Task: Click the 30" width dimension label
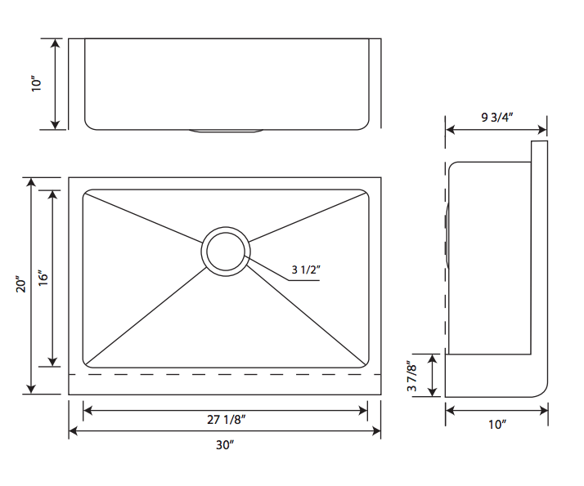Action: pos(226,445)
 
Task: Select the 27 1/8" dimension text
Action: pos(226,420)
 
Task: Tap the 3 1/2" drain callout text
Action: pos(304,270)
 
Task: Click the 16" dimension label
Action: pos(43,278)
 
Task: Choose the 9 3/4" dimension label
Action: pos(496,117)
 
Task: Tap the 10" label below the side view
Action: pos(496,424)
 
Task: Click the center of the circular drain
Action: pos(226,250)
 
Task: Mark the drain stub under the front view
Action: pos(226,131)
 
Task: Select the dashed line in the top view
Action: pos(226,375)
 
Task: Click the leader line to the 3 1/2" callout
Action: pos(270,270)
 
